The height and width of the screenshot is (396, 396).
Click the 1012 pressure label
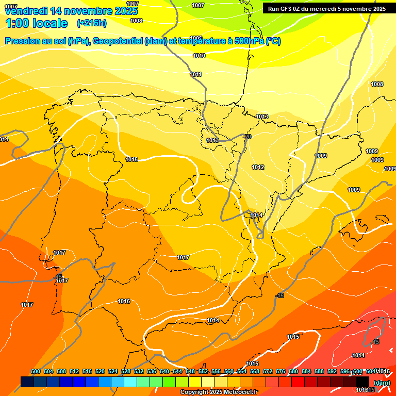(258, 167)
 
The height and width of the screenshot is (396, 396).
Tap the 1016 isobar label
(124, 301)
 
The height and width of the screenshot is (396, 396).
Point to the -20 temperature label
(247, 137)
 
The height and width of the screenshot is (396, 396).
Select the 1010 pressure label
(199, 56)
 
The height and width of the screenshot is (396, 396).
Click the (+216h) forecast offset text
(91, 23)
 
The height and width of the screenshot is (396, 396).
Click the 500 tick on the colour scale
(36, 371)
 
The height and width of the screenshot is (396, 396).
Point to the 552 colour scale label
(203, 371)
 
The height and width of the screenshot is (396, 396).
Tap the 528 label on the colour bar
(126, 371)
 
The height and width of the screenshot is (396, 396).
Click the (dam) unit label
(382, 383)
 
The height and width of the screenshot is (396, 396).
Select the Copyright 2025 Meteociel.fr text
(219, 392)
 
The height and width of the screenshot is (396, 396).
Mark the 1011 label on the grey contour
(196, 74)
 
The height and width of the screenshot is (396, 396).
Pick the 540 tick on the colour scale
(164, 371)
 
